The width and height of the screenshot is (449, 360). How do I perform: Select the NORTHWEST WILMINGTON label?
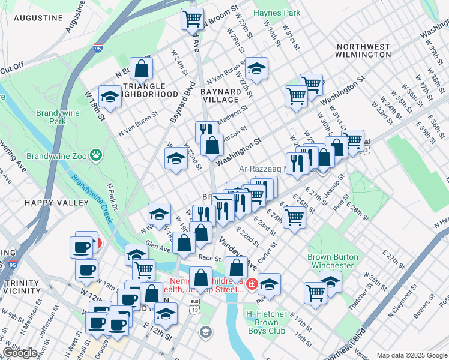coord(364,50)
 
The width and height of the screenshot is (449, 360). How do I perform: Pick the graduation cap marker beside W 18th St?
coord(110,97)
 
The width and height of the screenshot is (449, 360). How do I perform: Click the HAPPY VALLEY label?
coord(48,203)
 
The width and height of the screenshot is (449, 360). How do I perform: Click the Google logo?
coord(20,353)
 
